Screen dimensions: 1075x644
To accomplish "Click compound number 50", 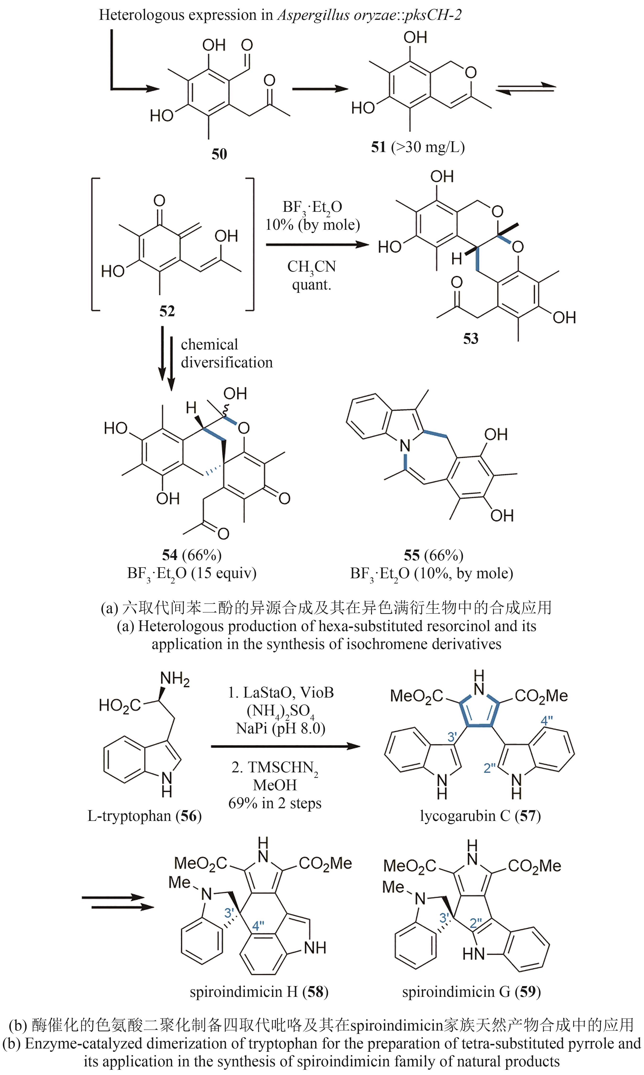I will (x=219, y=154).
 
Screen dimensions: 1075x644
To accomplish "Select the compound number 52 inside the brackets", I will (x=167, y=311).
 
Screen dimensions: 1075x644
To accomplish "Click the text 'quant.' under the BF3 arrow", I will (x=311, y=285).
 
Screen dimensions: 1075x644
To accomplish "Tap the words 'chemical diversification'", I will (x=227, y=353).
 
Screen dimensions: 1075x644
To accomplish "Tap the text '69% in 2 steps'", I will (x=275, y=803).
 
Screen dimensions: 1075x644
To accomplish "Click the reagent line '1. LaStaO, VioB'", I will (x=281, y=693).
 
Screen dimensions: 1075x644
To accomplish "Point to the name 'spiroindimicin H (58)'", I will (x=259, y=992).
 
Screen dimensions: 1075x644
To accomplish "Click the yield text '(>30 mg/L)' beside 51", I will (x=428, y=147).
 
